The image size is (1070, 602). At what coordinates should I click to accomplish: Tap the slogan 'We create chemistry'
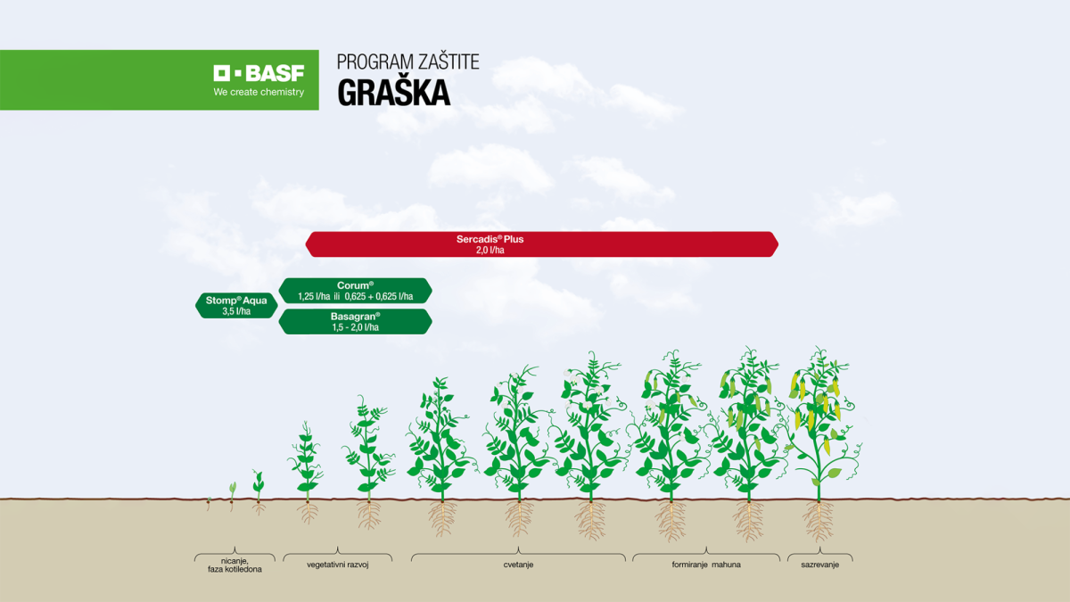(259, 92)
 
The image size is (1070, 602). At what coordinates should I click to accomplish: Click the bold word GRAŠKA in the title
(393, 93)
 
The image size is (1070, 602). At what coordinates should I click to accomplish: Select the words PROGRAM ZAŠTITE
(407, 62)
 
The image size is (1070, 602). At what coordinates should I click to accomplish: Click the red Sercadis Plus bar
(541, 244)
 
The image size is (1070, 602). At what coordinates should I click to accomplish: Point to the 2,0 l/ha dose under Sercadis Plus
(490, 252)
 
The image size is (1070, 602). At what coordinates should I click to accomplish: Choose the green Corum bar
(355, 291)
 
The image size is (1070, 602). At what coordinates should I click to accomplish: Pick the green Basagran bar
(355, 322)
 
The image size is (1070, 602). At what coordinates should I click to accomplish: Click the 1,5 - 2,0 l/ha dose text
(355, 327)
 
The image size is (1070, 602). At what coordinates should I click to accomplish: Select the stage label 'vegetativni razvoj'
(337, 565)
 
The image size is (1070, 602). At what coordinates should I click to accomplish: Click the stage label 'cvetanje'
(518, 565)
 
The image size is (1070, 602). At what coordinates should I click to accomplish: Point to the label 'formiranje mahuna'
(706, 565)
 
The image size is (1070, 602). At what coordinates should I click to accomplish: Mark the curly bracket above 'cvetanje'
(518, 555)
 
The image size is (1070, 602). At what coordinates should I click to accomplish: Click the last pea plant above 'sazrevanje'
(816, 419)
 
